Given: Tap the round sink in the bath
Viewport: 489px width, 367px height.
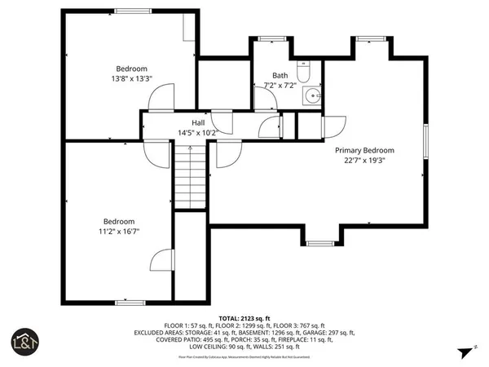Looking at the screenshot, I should [x=311, y=96].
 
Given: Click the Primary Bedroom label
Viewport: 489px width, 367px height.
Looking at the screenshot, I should [x=365, y=150].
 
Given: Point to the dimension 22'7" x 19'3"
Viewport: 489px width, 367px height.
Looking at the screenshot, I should [x=365, y=161].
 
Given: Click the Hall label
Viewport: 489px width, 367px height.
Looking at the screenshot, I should [x=198, y=122].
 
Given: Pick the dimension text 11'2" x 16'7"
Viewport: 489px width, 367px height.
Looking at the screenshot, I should [x=118, y=232].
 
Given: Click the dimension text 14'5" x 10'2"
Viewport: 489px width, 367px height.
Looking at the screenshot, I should [x=198, y=132].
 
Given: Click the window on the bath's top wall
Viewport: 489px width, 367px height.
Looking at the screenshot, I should [x=267, y=38].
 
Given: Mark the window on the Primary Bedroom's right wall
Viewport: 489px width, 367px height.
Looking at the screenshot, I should [x=425, y=147].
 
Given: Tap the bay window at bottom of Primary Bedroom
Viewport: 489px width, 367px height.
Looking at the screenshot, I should [x=320, y=242].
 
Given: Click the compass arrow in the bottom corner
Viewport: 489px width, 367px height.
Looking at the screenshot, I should [x=465, y=352].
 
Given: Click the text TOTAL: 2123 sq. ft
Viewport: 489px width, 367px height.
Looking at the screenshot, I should [x=244, y=317].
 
